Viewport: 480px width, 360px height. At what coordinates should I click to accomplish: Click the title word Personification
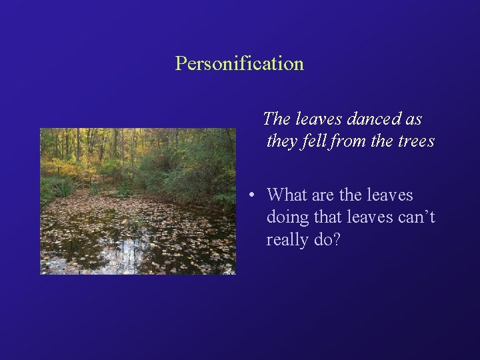[x=239, y=64]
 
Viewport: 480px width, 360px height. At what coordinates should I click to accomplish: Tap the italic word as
[x=413, y=119]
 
